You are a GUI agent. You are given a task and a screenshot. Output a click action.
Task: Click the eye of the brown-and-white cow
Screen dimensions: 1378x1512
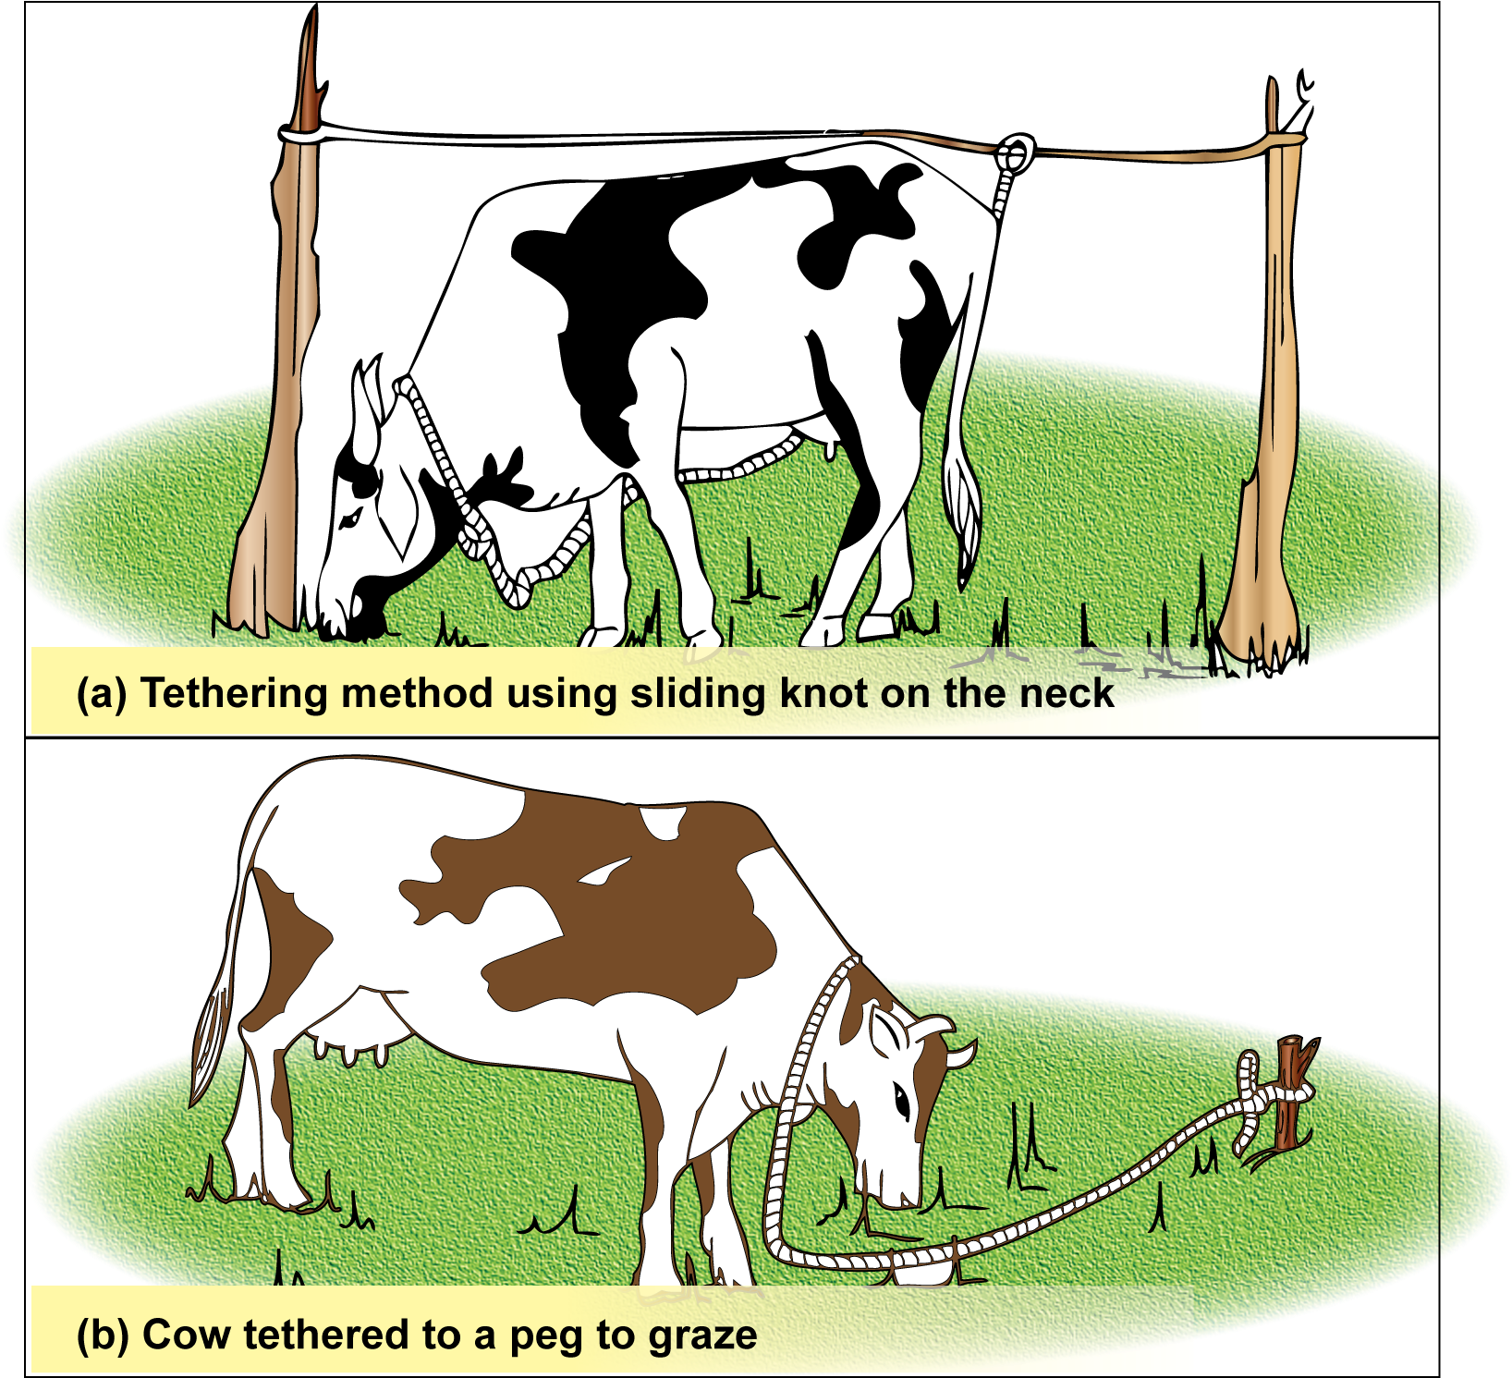point(901,1101)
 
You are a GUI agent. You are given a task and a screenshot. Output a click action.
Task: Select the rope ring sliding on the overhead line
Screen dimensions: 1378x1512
point(1015,152)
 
